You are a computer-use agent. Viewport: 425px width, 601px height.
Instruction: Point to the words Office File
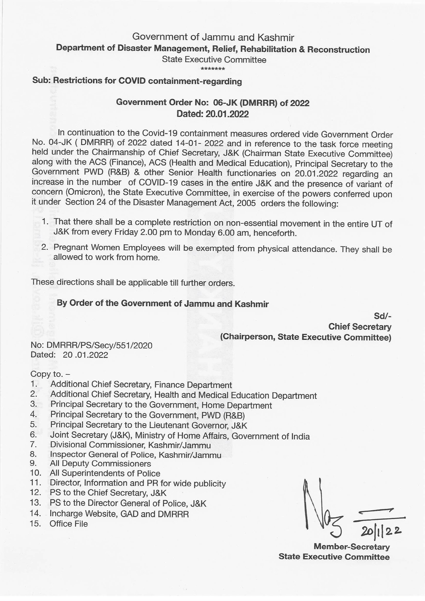pyautogui.click(x=69, y=524)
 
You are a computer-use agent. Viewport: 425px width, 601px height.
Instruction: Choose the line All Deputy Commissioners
pyautogui.click(x=100, y=464)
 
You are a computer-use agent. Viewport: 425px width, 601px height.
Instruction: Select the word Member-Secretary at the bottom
pyautogui.click(x=351, y=547)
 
